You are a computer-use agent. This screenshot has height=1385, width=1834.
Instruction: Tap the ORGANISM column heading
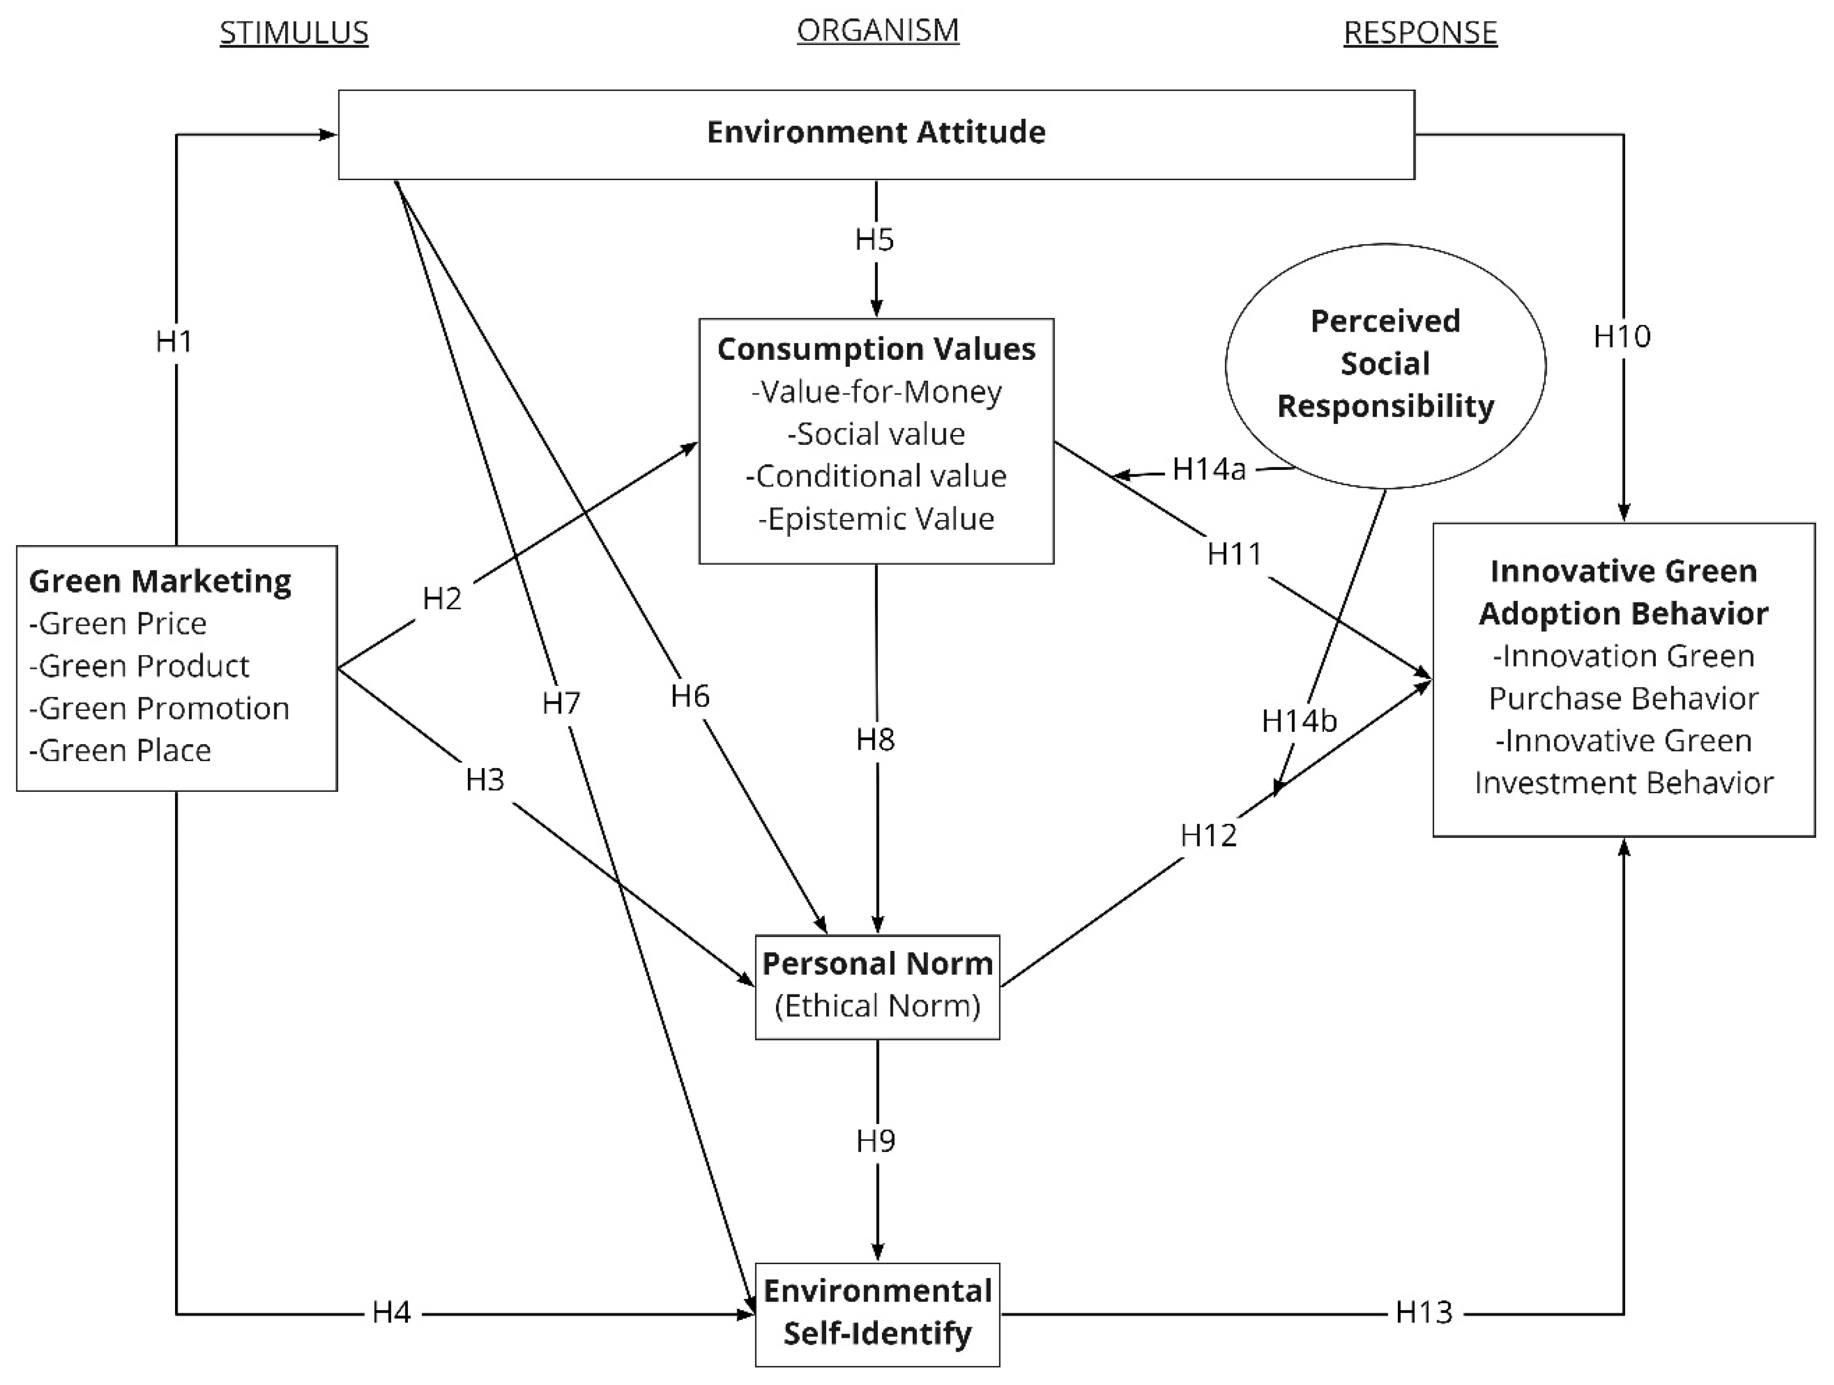[877, 31]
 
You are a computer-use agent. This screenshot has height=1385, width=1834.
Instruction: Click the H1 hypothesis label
[174, 341]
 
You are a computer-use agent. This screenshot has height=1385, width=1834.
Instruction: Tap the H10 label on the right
[1622, 336]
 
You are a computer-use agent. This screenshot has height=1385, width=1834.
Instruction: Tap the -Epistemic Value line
[876, 520]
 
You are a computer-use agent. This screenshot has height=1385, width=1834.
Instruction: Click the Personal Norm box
[877, 986]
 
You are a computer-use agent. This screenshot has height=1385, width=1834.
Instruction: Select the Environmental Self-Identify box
[877, 1313]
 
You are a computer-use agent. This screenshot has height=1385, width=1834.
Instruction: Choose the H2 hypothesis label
[441, 598]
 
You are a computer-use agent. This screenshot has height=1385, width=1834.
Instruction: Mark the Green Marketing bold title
[160, 581]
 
